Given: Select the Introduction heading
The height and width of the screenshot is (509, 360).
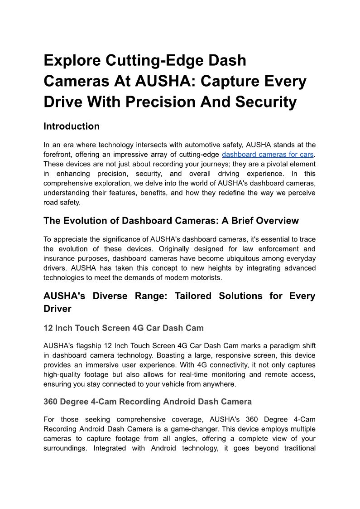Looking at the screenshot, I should pyautogui.click(x=72, y=126).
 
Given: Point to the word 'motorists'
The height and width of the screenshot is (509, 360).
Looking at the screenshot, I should pyautogui.click(x=206, y=277).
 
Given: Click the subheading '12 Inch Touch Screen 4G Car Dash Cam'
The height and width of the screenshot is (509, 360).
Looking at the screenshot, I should pyautogui.click(x=124, y=328).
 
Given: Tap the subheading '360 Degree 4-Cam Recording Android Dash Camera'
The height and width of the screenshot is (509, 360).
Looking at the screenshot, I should pyautogui.click(x=148, y=402).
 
